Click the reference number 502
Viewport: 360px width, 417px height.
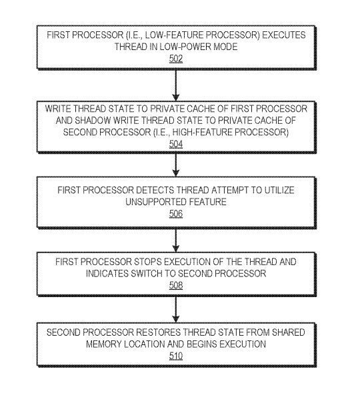[x=176, y=59]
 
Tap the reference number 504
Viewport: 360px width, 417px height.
[x=176, y=144]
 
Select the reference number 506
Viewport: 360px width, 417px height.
[x=176, y=214]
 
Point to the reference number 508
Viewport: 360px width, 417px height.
[x=176, y=285]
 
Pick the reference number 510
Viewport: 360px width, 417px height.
[x=176, y=356]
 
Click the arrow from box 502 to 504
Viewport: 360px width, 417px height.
[x=175, y=85]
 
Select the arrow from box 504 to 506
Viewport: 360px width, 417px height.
[x=175, y=165]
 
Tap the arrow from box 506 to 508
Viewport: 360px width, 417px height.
[x=175, y=240]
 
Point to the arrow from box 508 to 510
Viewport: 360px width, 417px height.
[x=175, y=309]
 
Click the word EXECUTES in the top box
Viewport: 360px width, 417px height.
[x=284, y=35]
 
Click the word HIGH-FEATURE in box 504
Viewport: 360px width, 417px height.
[x=231, y=132]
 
